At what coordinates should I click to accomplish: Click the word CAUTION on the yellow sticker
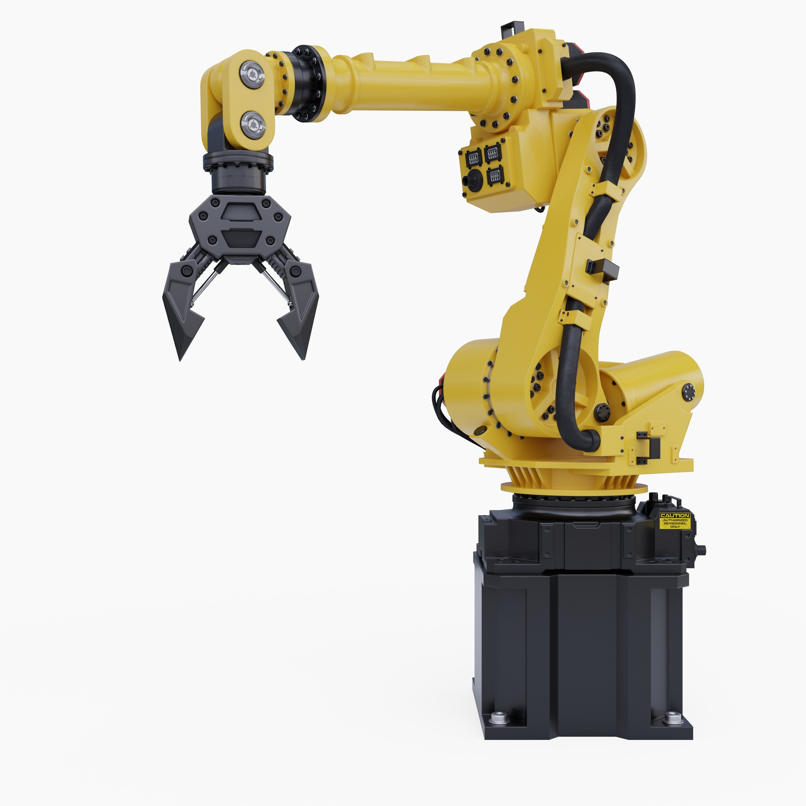click(x=674, y=516)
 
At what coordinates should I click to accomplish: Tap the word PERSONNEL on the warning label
click(x=674, y=523)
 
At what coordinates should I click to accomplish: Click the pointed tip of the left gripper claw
click(x=180, y=360)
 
